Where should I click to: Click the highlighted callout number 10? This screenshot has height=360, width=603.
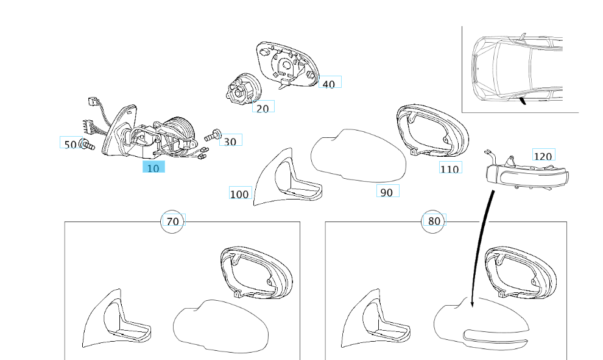pyautogui.click(x=153, y=167)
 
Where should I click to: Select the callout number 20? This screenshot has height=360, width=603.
pyautogui.click(x=263, y=108)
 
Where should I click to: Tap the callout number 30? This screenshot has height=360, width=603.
pyautogui.click(x=230, y=141)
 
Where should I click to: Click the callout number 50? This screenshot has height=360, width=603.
pyautogui.click(x=70, y=144)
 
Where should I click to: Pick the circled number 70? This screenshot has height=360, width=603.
pyautogui.click(x=173, y=221)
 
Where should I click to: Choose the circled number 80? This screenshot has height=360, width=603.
pyautogui.click(x=434, y=221)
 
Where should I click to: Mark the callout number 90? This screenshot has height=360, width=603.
pyautogui.click(x=386, y=192)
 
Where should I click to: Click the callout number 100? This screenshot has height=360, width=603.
pyautogui.click(x=239, y=194)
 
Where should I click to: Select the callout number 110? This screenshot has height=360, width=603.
pyautogui.click(x=450, y=168)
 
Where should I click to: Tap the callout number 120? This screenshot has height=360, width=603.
pyautogui.click(x=542, y=156)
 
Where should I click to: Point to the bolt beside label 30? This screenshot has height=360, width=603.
pyautogui.click(x=213, y=135)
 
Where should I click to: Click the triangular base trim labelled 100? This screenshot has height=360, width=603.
pyautogui.click(x=283, y=180)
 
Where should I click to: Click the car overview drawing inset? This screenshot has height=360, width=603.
pyautogui.click(x=520, y=70)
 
